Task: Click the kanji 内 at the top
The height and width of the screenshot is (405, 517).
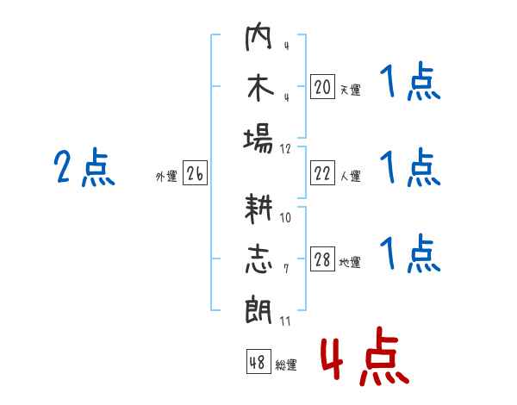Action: click(x=258, y=36)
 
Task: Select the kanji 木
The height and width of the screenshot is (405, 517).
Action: click(x=260, y=88)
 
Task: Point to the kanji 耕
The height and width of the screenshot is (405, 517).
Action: click(x=258, y=209)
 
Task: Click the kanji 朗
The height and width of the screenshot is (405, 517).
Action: click(x=258, y=309)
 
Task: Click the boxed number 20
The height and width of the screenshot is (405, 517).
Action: click(x=322, y=87)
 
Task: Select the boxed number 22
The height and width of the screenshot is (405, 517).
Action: click(x=322, y=173)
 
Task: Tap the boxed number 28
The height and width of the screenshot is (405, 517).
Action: click(x=322, y=259)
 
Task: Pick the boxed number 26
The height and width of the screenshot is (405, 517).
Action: click(x=195, y=173)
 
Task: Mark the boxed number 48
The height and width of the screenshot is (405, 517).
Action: click(x=258, y=362)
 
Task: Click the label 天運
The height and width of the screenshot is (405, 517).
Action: click(x=351, y=90)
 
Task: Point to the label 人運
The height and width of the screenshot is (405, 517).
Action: click(x=351, y=176)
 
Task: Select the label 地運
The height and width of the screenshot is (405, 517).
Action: click(x=350, y=262)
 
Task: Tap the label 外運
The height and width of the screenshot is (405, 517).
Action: click(x=166, y=176)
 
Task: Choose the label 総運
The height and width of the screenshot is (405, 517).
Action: click(x=286, y=365)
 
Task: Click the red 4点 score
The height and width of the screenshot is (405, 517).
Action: click(x=365, y=356)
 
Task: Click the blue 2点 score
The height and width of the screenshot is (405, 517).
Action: click(x=84, y=167)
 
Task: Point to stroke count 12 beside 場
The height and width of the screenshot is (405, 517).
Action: click(x=285, y=149)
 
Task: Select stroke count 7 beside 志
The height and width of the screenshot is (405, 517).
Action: click(x=286, y=269)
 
